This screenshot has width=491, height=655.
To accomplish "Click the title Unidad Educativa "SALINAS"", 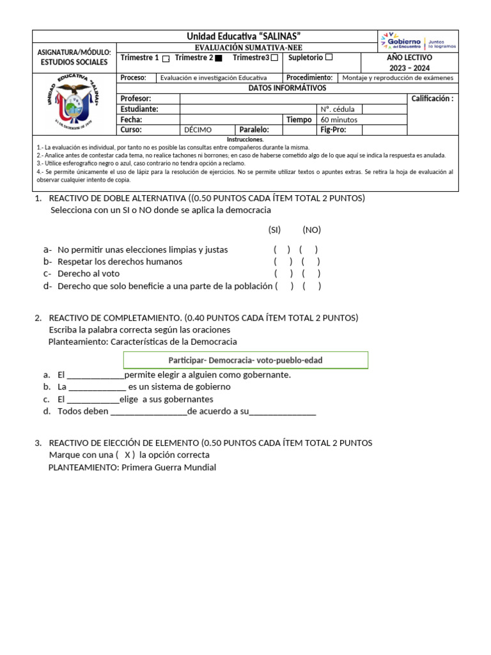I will pyautogui.click(x=244, y=36).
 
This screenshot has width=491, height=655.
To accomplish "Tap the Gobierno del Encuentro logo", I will pyautogui.click(x=418, y=41).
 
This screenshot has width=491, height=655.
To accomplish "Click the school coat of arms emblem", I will pyautogui.click(x=74, y=102).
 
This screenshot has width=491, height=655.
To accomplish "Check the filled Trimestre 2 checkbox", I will pyautogui.click(x=219, y=58).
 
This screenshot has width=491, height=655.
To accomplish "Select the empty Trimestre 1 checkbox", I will pyautogui.click(x=166, y=58).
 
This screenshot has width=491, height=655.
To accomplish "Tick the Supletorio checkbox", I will pyautogui.click(x=329, y=58).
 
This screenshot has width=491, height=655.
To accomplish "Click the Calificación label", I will pyautogui.click(x=432, y=99).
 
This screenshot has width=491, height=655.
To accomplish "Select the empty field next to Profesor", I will pyautogui.click(x=293, y=99).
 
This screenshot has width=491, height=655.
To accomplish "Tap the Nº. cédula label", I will pyautogui.click(x=339, y=109).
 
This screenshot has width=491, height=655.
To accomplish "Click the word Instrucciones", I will pyautogui.click(x=245, y=139).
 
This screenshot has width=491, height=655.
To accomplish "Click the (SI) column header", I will pyautogui.click(x=274, y=230).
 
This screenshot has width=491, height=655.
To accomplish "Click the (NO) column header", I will pyautogui.click(x=311, y=230).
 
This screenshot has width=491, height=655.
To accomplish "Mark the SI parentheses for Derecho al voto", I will pyautogui.click(x=282, y=274).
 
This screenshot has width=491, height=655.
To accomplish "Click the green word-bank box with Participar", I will pyautogui.click(x=245, y=360).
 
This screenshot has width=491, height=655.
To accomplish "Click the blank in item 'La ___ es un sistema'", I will pyautogui.click(x=97, y=387).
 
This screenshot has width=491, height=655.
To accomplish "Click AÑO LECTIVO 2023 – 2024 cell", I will pyautogui.click(x=409, y=62).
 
